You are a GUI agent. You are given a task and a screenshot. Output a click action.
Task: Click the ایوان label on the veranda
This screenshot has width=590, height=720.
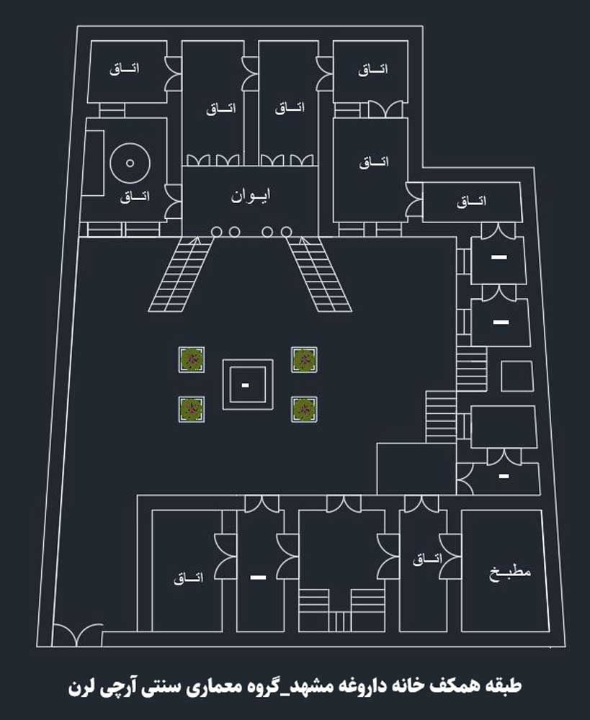click(251, 196)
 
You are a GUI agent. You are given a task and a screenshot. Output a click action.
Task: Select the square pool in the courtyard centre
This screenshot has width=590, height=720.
click(248, 384)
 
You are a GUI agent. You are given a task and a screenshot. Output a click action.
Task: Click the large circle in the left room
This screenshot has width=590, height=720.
click(130, 163)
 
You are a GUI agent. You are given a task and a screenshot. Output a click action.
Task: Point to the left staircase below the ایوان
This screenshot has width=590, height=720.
click(181, 274)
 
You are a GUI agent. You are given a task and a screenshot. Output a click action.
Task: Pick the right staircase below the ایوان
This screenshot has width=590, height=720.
click(320, 274)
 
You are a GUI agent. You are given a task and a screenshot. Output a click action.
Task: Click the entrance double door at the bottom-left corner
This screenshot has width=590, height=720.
click(77, 634)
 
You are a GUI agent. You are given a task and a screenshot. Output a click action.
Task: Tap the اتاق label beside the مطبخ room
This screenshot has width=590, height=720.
click(427, 559)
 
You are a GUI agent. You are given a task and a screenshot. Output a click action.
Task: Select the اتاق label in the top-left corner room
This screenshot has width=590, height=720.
click(124, 69)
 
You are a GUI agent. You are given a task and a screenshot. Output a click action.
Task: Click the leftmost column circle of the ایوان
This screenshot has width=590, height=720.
click(216, 231)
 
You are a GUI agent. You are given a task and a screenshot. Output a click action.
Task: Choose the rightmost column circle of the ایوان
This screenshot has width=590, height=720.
click(286, 231)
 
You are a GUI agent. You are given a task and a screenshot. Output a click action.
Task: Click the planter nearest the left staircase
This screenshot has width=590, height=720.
click(192, 359)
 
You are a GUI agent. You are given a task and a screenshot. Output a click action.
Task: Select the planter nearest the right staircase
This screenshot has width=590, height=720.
click(304, 359)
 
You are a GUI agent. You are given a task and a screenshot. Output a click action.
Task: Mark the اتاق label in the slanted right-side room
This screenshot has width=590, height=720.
click(471, 201)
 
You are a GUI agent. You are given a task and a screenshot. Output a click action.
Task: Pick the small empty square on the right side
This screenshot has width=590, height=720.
click(517, 376)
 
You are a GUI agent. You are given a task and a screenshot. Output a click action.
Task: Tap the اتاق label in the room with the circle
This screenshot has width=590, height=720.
click(135, 197)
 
